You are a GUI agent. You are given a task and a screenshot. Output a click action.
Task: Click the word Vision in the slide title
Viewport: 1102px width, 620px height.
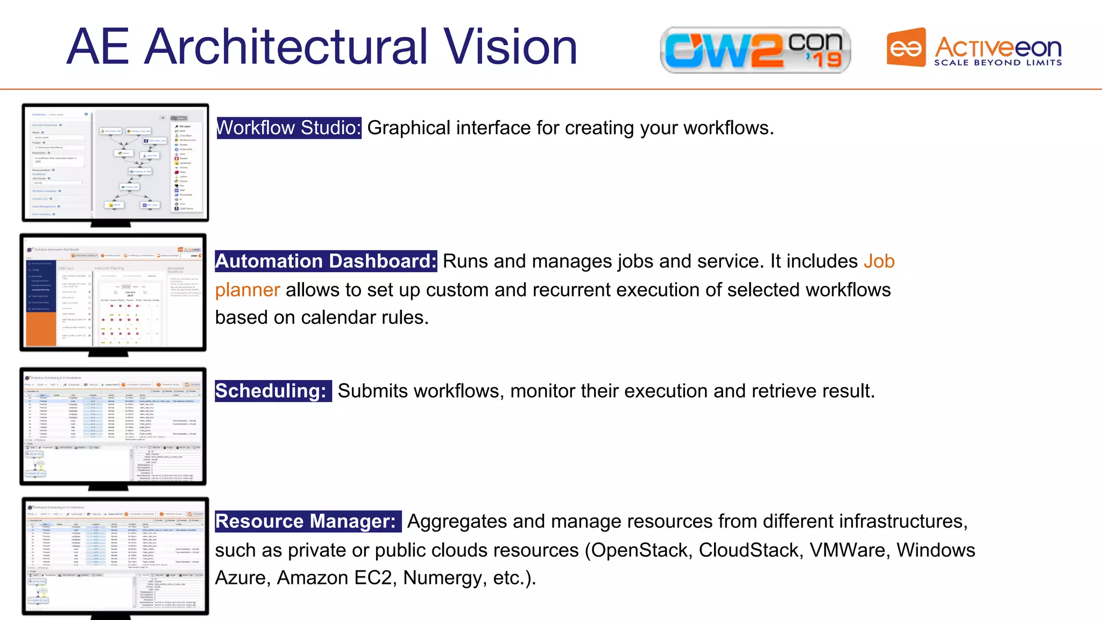[510, 47]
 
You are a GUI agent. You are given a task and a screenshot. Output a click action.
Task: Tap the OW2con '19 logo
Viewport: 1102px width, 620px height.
[755, 50]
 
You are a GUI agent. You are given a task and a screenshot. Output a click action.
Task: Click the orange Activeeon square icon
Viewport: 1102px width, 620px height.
[906, 48]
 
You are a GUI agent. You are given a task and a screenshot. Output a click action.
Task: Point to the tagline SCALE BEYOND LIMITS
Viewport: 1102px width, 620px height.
[998, 63]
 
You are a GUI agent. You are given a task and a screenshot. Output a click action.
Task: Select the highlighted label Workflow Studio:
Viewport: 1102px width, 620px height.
[288, 128]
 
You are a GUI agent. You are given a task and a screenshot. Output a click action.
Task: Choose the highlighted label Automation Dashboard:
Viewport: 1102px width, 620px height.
[326, 262]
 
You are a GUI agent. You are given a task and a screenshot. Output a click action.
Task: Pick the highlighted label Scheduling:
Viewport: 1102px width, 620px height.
[271, 391]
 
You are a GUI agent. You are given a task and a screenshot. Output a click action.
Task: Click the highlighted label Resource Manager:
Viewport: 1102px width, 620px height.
[307, 522]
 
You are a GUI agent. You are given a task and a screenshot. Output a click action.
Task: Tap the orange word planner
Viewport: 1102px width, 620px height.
[248, 290]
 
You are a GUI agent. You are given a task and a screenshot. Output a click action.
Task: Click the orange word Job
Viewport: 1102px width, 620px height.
[879, 262]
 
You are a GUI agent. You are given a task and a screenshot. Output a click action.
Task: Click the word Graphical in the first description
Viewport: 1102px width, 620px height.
[408, 128]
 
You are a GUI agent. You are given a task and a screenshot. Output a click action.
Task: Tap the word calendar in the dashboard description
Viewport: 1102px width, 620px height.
[338, 318]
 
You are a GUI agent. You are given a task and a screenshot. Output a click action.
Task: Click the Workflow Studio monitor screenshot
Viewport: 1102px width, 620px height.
[115, 163]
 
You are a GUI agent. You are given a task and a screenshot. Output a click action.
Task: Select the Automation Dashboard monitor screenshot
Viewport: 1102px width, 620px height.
[113, 293]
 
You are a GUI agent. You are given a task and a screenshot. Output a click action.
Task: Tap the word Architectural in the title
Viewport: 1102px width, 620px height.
[286, 47]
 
